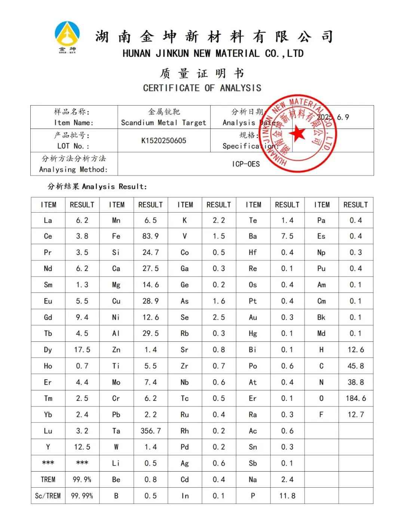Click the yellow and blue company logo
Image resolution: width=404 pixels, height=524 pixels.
(x=67, y=37)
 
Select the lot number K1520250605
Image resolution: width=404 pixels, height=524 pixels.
(x=163, y=141)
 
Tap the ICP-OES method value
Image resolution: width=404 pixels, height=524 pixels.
(x=246, y=164)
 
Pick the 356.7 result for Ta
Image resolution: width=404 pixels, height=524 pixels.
(x=150, y=431)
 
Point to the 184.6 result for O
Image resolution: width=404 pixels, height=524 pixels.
(x=356, y=398)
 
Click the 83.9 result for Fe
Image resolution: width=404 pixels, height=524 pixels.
(x=150, y=236)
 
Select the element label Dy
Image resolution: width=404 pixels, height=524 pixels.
(x=48, y=350)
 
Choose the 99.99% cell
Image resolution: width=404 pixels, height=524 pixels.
(x=82, y=496)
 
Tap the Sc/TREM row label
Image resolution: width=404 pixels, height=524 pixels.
(x=48, y=496)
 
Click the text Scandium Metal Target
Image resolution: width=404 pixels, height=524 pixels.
(x=163, y=123)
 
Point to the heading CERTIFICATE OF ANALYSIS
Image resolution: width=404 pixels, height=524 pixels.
(x=202, y=88)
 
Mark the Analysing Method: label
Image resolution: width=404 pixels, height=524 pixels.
(x=73, y=170)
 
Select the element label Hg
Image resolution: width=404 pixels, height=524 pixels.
(x=253, y=333)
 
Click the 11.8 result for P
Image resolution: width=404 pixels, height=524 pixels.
(x=287, y=496)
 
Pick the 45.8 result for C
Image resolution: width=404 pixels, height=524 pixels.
(x=356, y=366)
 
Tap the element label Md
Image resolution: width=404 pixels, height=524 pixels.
(x=321, y=333)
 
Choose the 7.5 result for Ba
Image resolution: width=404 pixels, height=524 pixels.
(x=287, y=236)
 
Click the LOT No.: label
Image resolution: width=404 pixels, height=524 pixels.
(x=73, y=146)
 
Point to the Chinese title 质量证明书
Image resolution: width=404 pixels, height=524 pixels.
(x=202, y=73)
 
